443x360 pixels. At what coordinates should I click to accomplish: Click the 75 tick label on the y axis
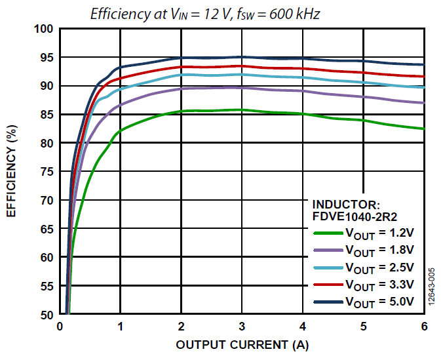pyautogui.click(x=46, y=172)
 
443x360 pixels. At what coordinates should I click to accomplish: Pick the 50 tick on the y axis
pyautogui.click(x=46, y=315)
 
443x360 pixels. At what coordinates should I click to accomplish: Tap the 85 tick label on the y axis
pyautogui.click(x=46, y=115)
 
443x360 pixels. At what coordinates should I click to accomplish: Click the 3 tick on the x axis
pyautogui.click(x=242, y=327)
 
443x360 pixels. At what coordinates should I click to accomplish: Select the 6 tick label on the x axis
pyautogui.click(x=424, y=327)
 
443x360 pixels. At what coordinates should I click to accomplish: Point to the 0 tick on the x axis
pyautogui.click(x=60, y=327)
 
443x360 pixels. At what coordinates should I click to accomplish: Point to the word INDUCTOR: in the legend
pyautogui.click(x=346, y=205)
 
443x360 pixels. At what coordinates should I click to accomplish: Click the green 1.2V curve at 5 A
pyautogui.click(x=363, y=121)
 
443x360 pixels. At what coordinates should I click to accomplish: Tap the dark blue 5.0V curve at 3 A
pyautogui.click(x=242, y=57)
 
